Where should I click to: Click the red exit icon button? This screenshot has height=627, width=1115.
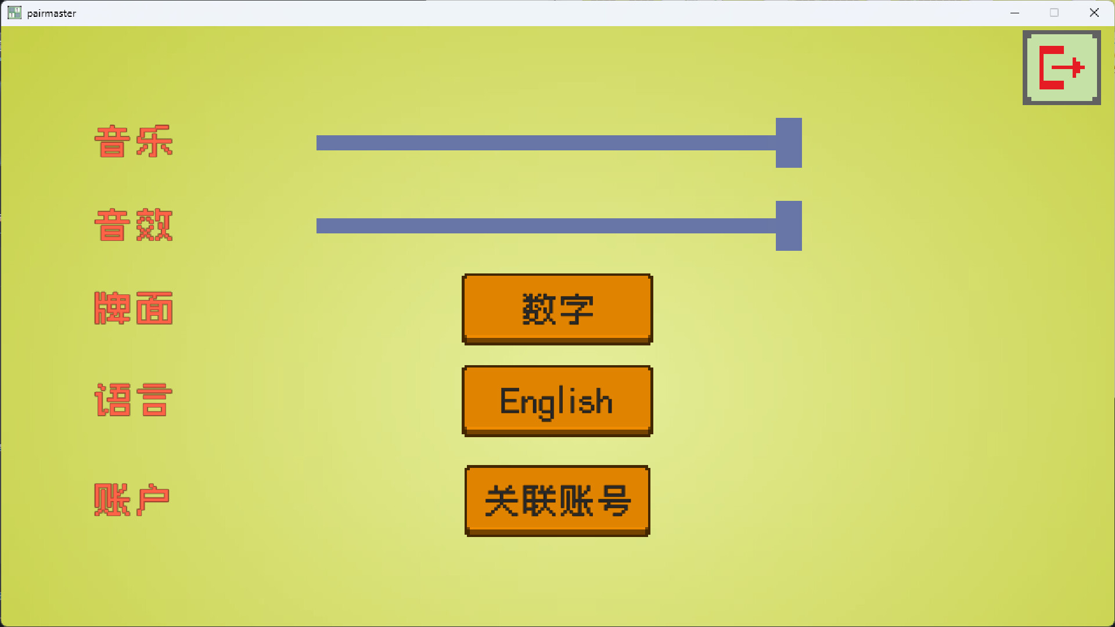(x=1062, y=68)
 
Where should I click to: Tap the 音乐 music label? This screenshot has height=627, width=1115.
(x=134, y=142)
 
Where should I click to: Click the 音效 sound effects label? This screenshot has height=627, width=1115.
(x=134, y=225)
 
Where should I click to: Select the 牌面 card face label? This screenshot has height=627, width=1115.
(x=134, y=308)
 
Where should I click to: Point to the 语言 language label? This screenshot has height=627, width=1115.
(x=134, y=400)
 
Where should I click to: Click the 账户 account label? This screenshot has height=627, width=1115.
(x=132, y=500)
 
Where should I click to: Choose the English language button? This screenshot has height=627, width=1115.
(x=557, y=401)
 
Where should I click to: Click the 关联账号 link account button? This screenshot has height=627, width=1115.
(x=557, y=500)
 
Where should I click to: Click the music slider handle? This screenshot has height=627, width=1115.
(x=789, y=143)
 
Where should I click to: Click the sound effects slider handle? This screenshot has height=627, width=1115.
(x=789, y=226)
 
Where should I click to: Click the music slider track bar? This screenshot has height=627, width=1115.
(x=546, y=143)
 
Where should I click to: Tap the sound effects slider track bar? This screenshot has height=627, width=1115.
(x=546, y=226)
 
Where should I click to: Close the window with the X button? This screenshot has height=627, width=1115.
(x=1094, y=13)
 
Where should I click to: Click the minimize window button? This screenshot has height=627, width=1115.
(x=1015, y=13)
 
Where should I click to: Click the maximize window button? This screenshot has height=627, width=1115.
(x=1054, y=13)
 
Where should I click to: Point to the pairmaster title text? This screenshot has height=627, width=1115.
(x=52, y=13)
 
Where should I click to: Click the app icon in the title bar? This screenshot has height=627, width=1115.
(x=15, y=13)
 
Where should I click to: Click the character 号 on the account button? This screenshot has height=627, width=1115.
(x=614, y=500)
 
